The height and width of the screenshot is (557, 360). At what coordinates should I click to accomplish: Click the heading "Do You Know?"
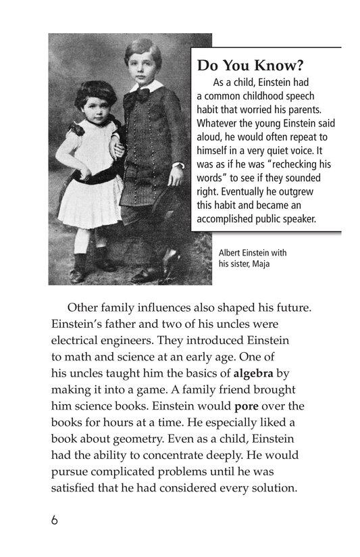pyautogui.click(x=248, y=66)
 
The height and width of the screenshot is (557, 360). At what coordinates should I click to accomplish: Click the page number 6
pyautogui.click(x=54, y=521)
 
